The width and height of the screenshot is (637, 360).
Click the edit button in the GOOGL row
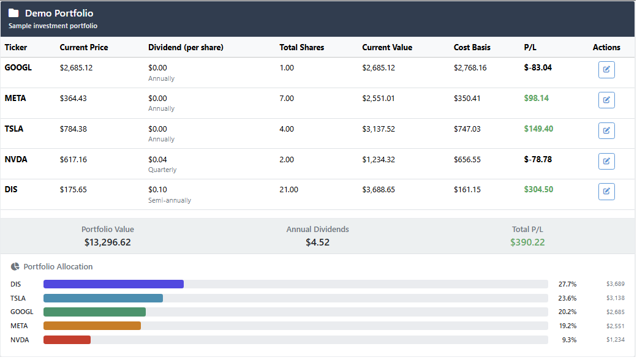coord(606,70)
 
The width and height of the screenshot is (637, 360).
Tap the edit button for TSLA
coord(606,130)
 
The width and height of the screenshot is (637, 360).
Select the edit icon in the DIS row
coord(606,192)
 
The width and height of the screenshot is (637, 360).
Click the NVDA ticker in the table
coord(16,159)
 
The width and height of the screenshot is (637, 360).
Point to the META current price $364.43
coord(73,98)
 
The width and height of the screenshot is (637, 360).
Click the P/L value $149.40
coord(538,129)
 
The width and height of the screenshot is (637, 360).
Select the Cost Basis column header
coord(472,47)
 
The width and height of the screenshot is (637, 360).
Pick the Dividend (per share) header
coord(186,47)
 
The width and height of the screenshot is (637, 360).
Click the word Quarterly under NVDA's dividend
coord(162,170)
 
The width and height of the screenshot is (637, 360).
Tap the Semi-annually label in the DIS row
coord(170,200)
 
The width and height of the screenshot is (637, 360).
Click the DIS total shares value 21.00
coord(288,190)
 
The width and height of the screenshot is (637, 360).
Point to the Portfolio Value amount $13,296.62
coord(108,242)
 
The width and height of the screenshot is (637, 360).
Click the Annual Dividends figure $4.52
coord(317,242)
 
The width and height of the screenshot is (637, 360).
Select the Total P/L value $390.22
coord(527,242)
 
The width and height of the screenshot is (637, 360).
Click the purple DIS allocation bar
coord(113,284)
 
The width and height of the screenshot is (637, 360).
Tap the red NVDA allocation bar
coord(67,340)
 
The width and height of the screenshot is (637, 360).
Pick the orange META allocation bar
coord(92,326)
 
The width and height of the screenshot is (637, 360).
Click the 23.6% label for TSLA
coord(567,298)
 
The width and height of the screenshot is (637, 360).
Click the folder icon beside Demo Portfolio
coord(13,13)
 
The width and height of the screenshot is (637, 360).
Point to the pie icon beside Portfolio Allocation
coord(15,266)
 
